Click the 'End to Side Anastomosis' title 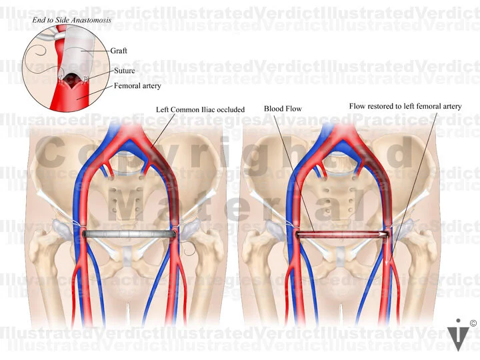[x=73, y=21]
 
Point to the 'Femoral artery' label [x=138, y=85]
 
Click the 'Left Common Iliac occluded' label [x=200, y=109]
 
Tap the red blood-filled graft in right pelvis [x=340, y=234]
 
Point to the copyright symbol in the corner [x=473, y=323]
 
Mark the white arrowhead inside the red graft [x=385, y=234]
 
